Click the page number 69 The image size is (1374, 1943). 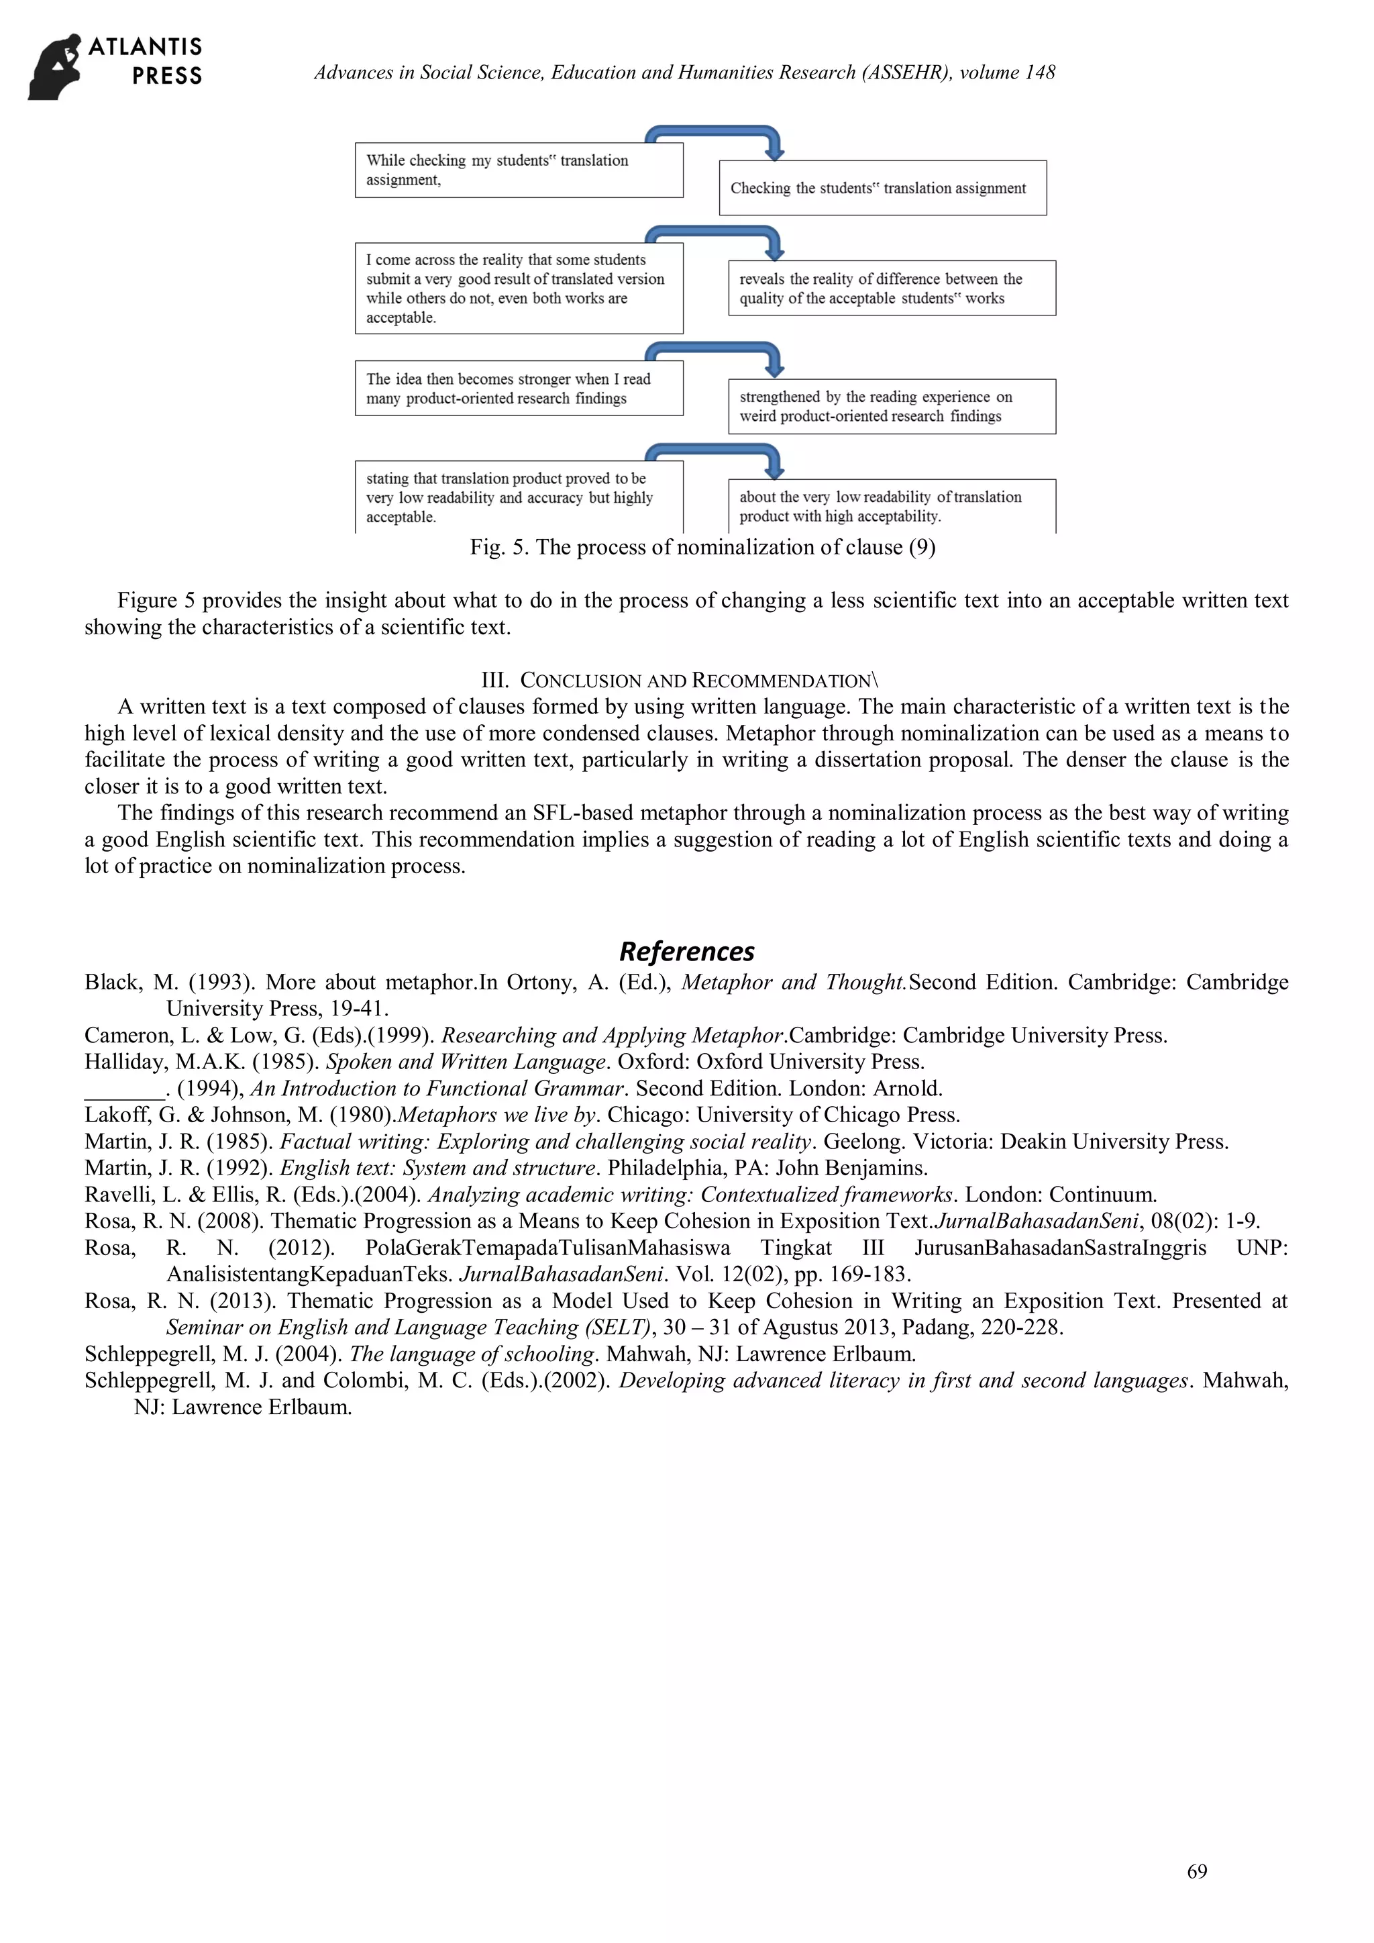pyautogui.click(x=1196, y=1871)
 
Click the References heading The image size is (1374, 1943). pyautogui.click(x=686, y=951)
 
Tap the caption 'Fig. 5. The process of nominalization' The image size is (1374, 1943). pyautogui.click(x=702, y=548)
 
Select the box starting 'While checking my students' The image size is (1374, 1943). pyautogui.click(x=519, y=170)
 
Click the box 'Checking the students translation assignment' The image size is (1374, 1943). pyautogui.click(x=882, y=188)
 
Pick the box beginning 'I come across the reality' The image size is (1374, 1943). pyautogui.click(x=519, y=289)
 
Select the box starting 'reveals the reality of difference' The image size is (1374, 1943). pyautogui.click(x=892, y=289)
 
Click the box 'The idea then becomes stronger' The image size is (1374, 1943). pyautogui.click(x=519, y=389)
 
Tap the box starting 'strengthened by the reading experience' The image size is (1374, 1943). pyautogui.click(x=892, y=406)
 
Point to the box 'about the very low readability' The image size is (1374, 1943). pyautogui.click(x=892, y=506)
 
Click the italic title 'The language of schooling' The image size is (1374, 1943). pyautogui.click(x=472, y=1354)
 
